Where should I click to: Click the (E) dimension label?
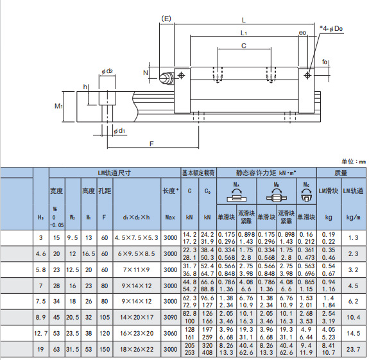click(x=166, y=19)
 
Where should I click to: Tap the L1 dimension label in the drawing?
click(x=244, y=33)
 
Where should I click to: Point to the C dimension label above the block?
click(x=244, y=46)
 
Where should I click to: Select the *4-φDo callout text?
click(x=331, y=29)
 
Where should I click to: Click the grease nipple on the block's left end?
click(x=166, y=78)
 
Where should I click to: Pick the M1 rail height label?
click(x=58, y=106)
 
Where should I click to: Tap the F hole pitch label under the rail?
click(x=151, y=144)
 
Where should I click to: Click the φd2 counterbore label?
click(x=107, y=71)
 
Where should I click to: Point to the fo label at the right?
click(x=325, y=62)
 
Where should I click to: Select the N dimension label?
click(x=146, y=73)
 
